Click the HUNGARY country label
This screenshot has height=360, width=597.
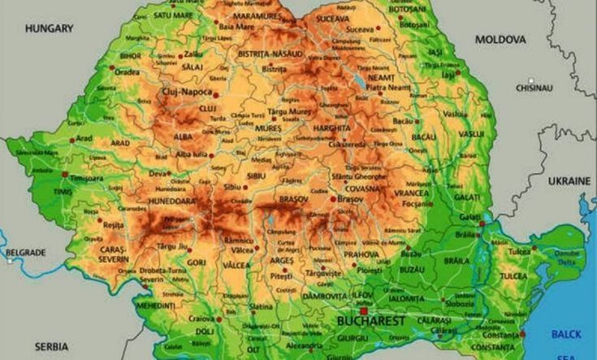click(49, 28)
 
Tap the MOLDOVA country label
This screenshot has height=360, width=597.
click(500, 39)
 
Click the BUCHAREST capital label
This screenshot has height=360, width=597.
click(370, 323)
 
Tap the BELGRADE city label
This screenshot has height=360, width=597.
click(26, 253)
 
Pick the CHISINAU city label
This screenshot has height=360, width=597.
click(534, 87)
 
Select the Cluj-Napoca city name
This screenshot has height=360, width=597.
click(187, 92)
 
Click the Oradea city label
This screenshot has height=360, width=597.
click(126, 71)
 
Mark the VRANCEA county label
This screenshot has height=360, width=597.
click(413, 193)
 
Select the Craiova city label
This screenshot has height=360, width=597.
click(201, 319)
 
